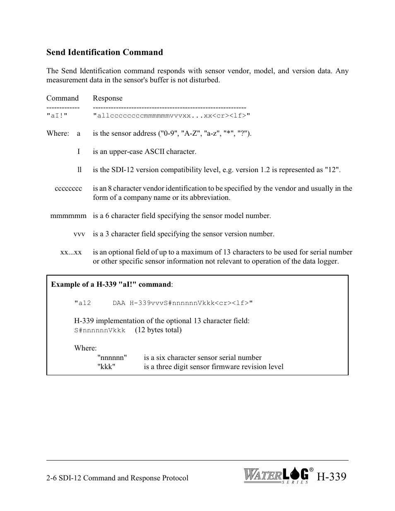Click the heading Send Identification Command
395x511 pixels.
[x=104, y=52]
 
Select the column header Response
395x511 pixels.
[x=108, y=98]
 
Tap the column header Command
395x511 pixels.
[x=63, y=98]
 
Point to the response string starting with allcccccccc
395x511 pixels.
[x=171, y=116]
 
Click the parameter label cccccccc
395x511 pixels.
[x=68, y=188]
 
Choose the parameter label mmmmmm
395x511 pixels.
[x=68, y=216]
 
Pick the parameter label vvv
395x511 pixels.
[x=79, y=234]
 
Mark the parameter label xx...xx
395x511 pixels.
[x=71, y=252]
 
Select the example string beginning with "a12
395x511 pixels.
[x=164, y=303]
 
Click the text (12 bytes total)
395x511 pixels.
[x=158, y=330]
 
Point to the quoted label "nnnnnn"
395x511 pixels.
[x=112, y=357]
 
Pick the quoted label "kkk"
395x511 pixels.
[x=106, y=367]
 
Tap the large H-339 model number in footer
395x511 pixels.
[x=331, y=477]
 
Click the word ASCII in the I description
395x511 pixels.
[x=153, y=151]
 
